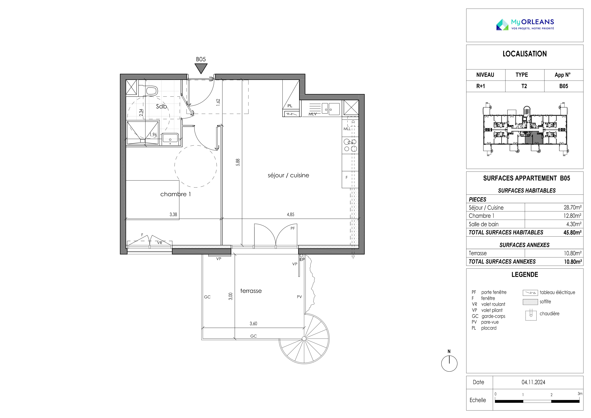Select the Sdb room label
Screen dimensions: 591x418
pos(161,106)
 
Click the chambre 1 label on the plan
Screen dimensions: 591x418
pos(176,194)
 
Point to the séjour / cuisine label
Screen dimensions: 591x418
pos(288,175)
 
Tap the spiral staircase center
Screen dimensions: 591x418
pos(304,338)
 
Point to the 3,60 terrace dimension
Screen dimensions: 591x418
pos(253,324)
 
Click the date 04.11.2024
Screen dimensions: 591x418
pos(533,382)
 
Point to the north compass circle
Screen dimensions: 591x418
pos(449,364)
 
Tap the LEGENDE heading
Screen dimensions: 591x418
pos(525,275)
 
